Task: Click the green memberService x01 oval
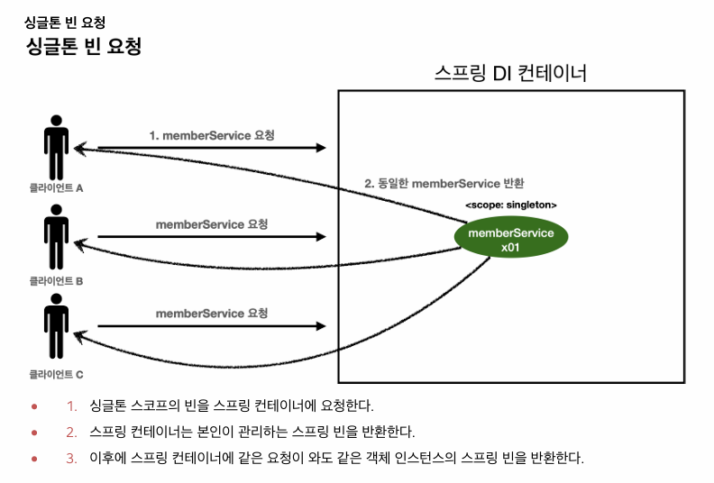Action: pyautogui.click(x=511, y=240)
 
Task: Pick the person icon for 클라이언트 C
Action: pyautogui.click(x=57, y=332)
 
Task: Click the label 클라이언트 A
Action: pyautogui.click(x=56, y=189)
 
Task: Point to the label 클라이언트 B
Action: pyautogui.click(x=56, y=281)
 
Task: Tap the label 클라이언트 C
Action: pyautogui.click(x=56, y=373)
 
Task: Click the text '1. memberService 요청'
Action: pyautogui.click(x=212, y=135)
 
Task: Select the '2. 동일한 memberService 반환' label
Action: pyautogui.click(x=444, y=183)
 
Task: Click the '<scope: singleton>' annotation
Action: pyautogui.click(x=510, y=205)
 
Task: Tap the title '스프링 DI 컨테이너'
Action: pyautogui.click(x=510, y=73)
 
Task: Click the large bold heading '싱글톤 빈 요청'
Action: pyautogui.click(x=85, y=47)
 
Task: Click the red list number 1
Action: pyautogui.click(x=71, y=406)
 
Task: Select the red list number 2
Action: pyautogui.click(x=71, y=432)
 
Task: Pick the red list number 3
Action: pyautogui.click(x=71, y=458)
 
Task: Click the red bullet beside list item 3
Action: pyautogui.click(x=34, y=458)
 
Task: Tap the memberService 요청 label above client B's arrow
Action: pyautogui.click(x=212, y=223)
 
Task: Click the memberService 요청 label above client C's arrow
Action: pyautogui.click(x=212, y=314)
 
